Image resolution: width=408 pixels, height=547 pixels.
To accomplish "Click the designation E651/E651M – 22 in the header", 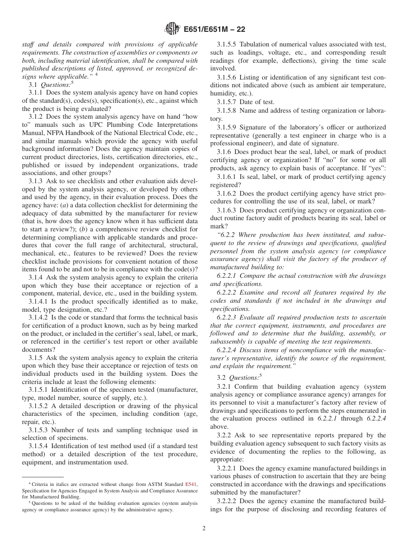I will (214, 30).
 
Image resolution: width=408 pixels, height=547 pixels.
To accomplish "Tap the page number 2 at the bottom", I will (204, 529).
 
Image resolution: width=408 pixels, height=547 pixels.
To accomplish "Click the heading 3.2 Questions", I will (243, 378).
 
